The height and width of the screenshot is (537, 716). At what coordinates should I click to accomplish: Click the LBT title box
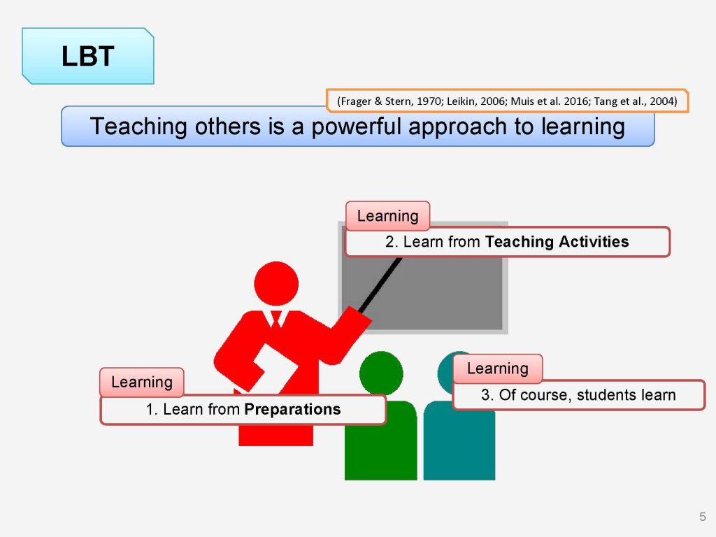click(x=88, y=56)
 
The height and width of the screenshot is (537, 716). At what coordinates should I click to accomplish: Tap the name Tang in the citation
click(x=606, y=101)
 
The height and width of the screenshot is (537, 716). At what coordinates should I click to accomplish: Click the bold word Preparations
click(x=293, y=409)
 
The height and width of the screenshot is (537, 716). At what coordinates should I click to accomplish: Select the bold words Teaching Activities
click(x=557, y=241)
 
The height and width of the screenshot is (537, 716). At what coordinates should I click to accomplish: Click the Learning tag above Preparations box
click(x=142, y=382)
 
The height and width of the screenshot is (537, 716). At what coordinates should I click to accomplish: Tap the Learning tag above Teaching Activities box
click(x=387, y=215)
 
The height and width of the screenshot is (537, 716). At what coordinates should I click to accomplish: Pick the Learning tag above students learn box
click(x=498, y=368)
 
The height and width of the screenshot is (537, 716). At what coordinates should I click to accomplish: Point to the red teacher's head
click(x=276, y=284)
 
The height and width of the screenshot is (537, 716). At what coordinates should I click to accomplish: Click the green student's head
click(x=381, y=373)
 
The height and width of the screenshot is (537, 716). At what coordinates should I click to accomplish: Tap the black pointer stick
click(x=380, y=285)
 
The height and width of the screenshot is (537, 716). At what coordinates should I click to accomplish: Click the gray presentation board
click(x=423, y=293)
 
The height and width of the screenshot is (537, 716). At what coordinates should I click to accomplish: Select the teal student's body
click(x=459, y=443)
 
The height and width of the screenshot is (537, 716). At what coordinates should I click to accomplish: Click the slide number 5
click(x=702, y=517)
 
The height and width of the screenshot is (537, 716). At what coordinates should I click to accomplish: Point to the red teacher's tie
click(x=276, y=319)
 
